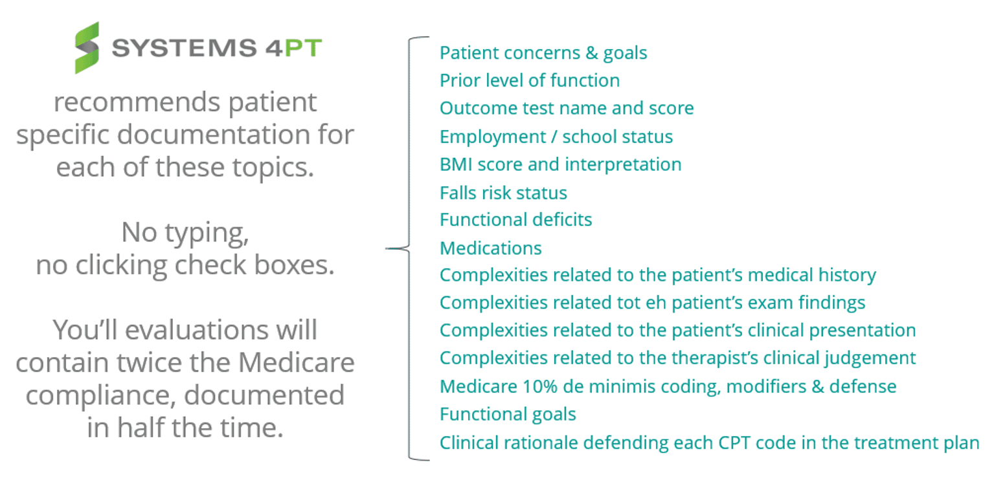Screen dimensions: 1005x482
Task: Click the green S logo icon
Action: point(87,47)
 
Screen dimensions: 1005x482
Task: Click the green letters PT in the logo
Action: point(303,47)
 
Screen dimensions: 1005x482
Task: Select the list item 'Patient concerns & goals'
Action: point(543,53)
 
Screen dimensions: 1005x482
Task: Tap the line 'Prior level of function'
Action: point(530,81)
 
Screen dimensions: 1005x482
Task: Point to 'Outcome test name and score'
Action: point(567,109)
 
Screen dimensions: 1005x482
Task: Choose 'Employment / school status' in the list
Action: point(556,137)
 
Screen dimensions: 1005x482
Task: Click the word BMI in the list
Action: point(456,164)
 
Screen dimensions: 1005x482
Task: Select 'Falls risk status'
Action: point(503,193)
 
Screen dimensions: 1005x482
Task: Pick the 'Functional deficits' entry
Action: point(516,220)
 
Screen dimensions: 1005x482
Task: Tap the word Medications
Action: point(491,248)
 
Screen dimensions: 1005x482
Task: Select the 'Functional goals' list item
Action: point(508,415)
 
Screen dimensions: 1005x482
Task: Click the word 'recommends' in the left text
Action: point(137,102)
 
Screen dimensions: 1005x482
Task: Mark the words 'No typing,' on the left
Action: point(185,233)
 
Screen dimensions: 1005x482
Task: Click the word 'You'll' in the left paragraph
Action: point(85,330)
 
